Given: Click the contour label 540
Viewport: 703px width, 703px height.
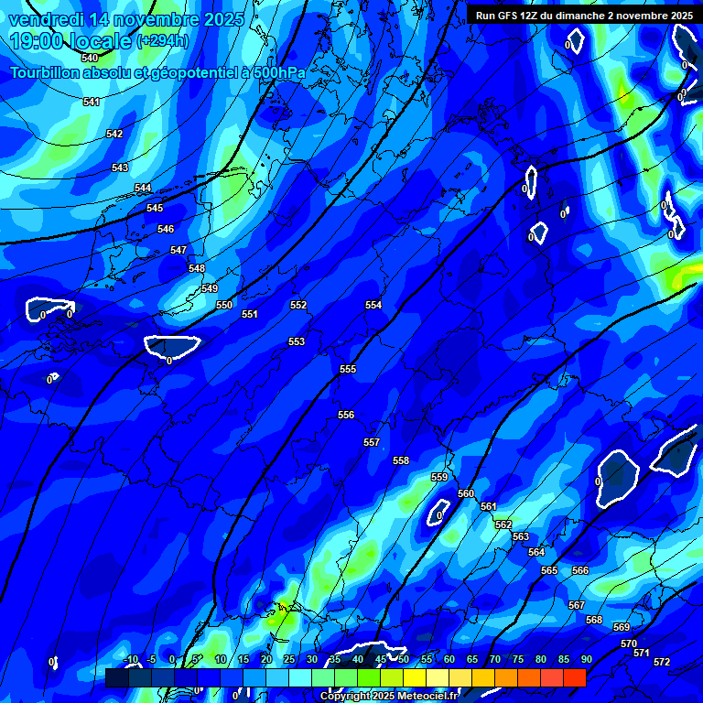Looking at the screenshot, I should tap(90, 58).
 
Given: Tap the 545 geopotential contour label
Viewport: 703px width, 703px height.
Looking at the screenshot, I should tap(155, 209).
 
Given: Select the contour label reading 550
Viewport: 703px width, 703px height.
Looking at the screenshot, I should tap(224, 305).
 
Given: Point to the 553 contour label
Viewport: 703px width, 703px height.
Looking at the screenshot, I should tap(297, 341).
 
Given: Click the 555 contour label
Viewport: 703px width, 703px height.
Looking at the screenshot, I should tap(348, 369).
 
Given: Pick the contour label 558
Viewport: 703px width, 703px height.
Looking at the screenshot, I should tap(401, 460).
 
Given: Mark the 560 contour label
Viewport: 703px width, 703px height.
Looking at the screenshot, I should tap(466, 494).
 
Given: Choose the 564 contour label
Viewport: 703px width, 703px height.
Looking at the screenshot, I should tap(536, 552).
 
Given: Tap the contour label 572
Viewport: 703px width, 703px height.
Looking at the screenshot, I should tap(662, 662).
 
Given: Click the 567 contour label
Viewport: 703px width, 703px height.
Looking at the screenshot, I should tap(576, 606).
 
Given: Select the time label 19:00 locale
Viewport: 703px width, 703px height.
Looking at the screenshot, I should tap(71, 41).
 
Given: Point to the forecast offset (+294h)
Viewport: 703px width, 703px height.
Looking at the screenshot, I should tap(163, 41).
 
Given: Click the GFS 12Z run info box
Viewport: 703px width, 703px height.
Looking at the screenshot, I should tap(584, 16).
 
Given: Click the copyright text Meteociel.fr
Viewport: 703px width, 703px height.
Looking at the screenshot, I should tap(389, 697).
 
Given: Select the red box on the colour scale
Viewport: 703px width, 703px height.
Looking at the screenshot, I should tap(575, 677).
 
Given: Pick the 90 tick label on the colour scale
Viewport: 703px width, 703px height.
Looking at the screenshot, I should tap(586, 660).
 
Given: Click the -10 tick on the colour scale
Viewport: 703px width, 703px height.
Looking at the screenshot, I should tap(130, 660).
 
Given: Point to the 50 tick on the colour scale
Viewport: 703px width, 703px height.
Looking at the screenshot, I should tap(403, 660).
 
